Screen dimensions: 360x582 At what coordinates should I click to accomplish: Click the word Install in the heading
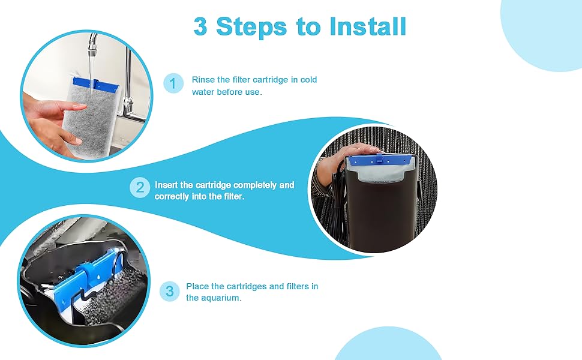[367, 26]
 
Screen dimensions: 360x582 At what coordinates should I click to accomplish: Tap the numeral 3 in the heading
[200, 26]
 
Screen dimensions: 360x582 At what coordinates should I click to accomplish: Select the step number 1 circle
[173, 84]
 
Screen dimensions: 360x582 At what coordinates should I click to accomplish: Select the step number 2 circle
[140, 187]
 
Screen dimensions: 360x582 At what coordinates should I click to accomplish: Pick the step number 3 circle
[170, 292]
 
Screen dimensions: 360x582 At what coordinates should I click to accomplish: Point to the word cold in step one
[307, 80]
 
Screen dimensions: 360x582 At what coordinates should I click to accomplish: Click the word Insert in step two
[168, 185]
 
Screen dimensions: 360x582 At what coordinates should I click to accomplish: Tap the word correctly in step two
[173, 197]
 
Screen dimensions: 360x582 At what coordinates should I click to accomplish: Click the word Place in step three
[197, 286]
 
